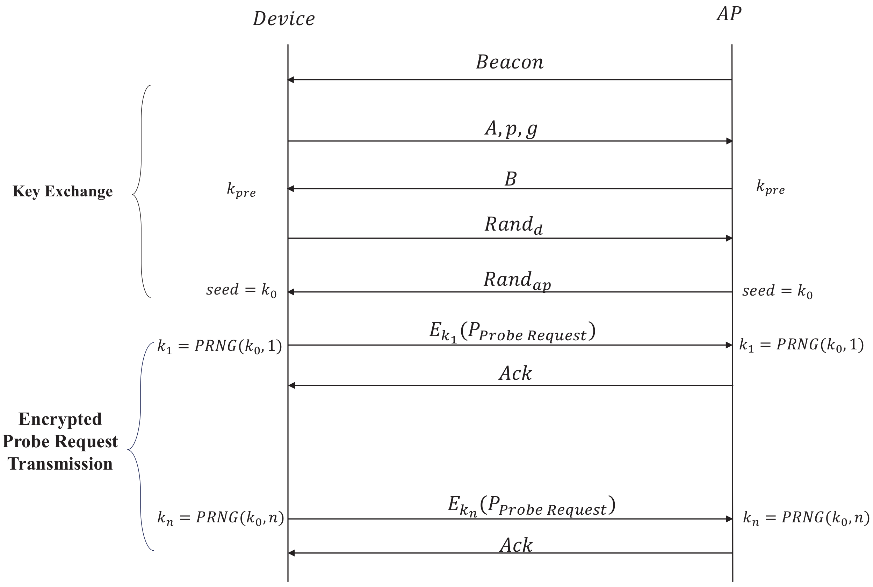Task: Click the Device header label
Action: click(284, 19)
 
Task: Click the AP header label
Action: click(729, 14)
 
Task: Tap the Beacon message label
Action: click(510, 62)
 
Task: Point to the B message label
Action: click(510, 179)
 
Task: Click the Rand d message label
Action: click(513, 225)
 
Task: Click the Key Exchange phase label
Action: click(63, 191)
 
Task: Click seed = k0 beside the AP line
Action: click(777, 291)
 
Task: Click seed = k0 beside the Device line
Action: click(241, 290)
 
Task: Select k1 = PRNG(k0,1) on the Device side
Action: click(219, 346)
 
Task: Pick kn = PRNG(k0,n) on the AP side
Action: click(806, 518)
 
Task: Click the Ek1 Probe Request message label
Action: click(512, 332)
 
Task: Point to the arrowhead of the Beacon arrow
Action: click(291, 80)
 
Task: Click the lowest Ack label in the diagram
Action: click(516, 545)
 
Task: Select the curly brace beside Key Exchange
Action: click(142, 192)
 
